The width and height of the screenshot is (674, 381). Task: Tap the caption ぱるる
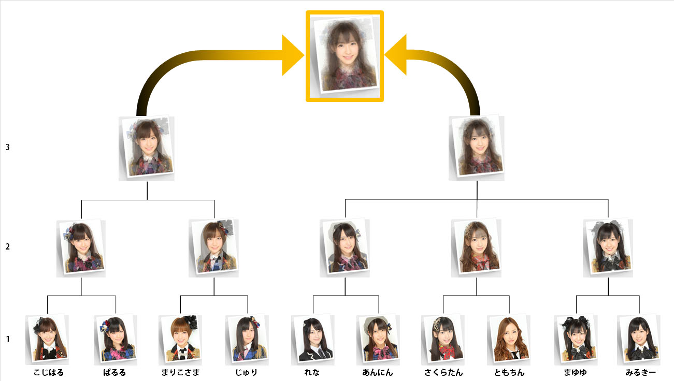click(114, 372)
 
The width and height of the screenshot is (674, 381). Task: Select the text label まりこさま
click(180, 372)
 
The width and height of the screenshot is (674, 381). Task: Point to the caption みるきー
click(640, 372)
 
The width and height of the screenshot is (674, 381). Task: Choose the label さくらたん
click(443, 372)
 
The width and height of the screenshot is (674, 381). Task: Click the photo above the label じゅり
click(247, 339)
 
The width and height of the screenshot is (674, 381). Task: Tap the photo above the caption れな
click(312, 339)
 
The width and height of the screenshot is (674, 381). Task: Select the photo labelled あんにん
click(378, 339)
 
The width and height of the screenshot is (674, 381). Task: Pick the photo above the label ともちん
click(509, 339)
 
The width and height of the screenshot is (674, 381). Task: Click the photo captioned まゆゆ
click(576, 339)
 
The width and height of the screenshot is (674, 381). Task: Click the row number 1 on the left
click(8, 339)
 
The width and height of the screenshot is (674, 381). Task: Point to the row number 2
click(8, 246)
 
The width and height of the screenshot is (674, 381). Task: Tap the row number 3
click(8, 147)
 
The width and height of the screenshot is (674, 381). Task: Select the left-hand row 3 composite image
click(147, 148)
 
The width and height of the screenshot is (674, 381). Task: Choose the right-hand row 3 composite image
click(477, 147)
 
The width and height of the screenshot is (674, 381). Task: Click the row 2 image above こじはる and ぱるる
click(82, 246)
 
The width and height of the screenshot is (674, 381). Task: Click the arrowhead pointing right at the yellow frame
click(293, 55)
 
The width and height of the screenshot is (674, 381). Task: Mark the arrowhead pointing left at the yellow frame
click(396, 55)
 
